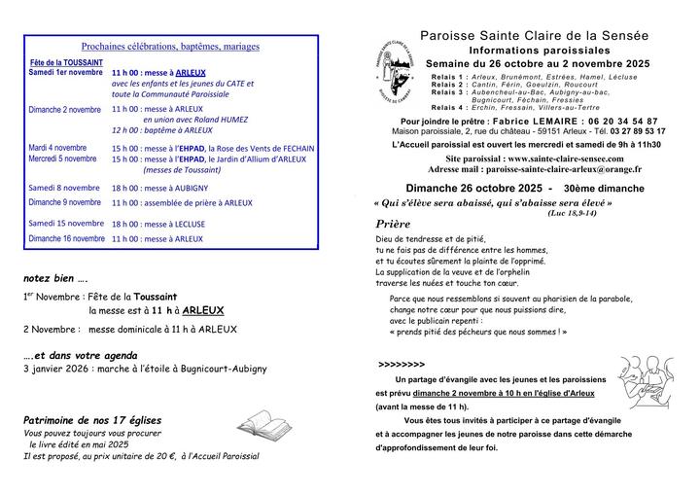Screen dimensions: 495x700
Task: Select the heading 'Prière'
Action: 393,223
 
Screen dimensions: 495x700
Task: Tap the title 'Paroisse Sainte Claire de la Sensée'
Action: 534,35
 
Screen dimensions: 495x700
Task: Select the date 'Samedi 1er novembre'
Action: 65,73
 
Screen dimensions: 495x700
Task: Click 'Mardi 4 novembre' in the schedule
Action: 59,148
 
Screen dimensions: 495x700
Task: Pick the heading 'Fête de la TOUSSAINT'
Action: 65,62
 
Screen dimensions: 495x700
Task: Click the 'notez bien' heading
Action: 56,276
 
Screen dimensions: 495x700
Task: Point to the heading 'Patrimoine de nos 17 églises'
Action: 92,419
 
